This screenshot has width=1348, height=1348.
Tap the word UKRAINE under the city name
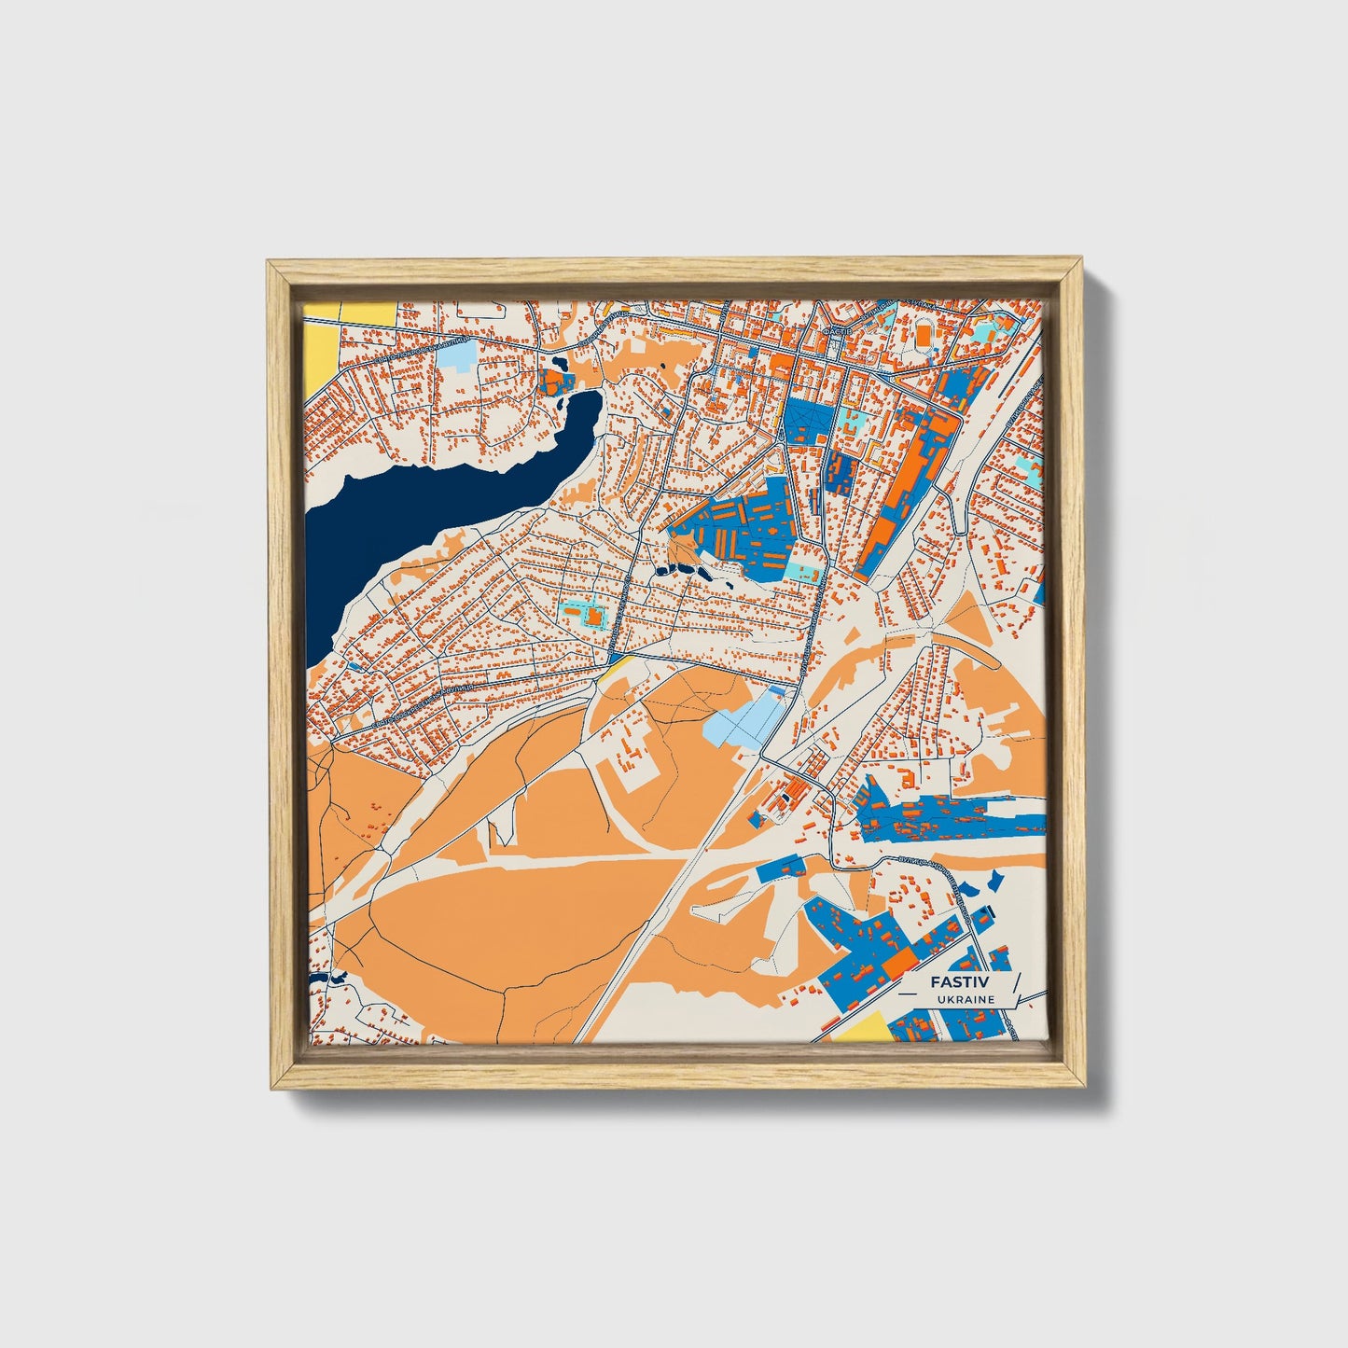tap(968, 999)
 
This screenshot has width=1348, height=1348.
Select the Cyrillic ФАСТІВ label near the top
tap(833, 331)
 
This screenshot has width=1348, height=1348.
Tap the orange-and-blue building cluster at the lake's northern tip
tap(554, 382)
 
